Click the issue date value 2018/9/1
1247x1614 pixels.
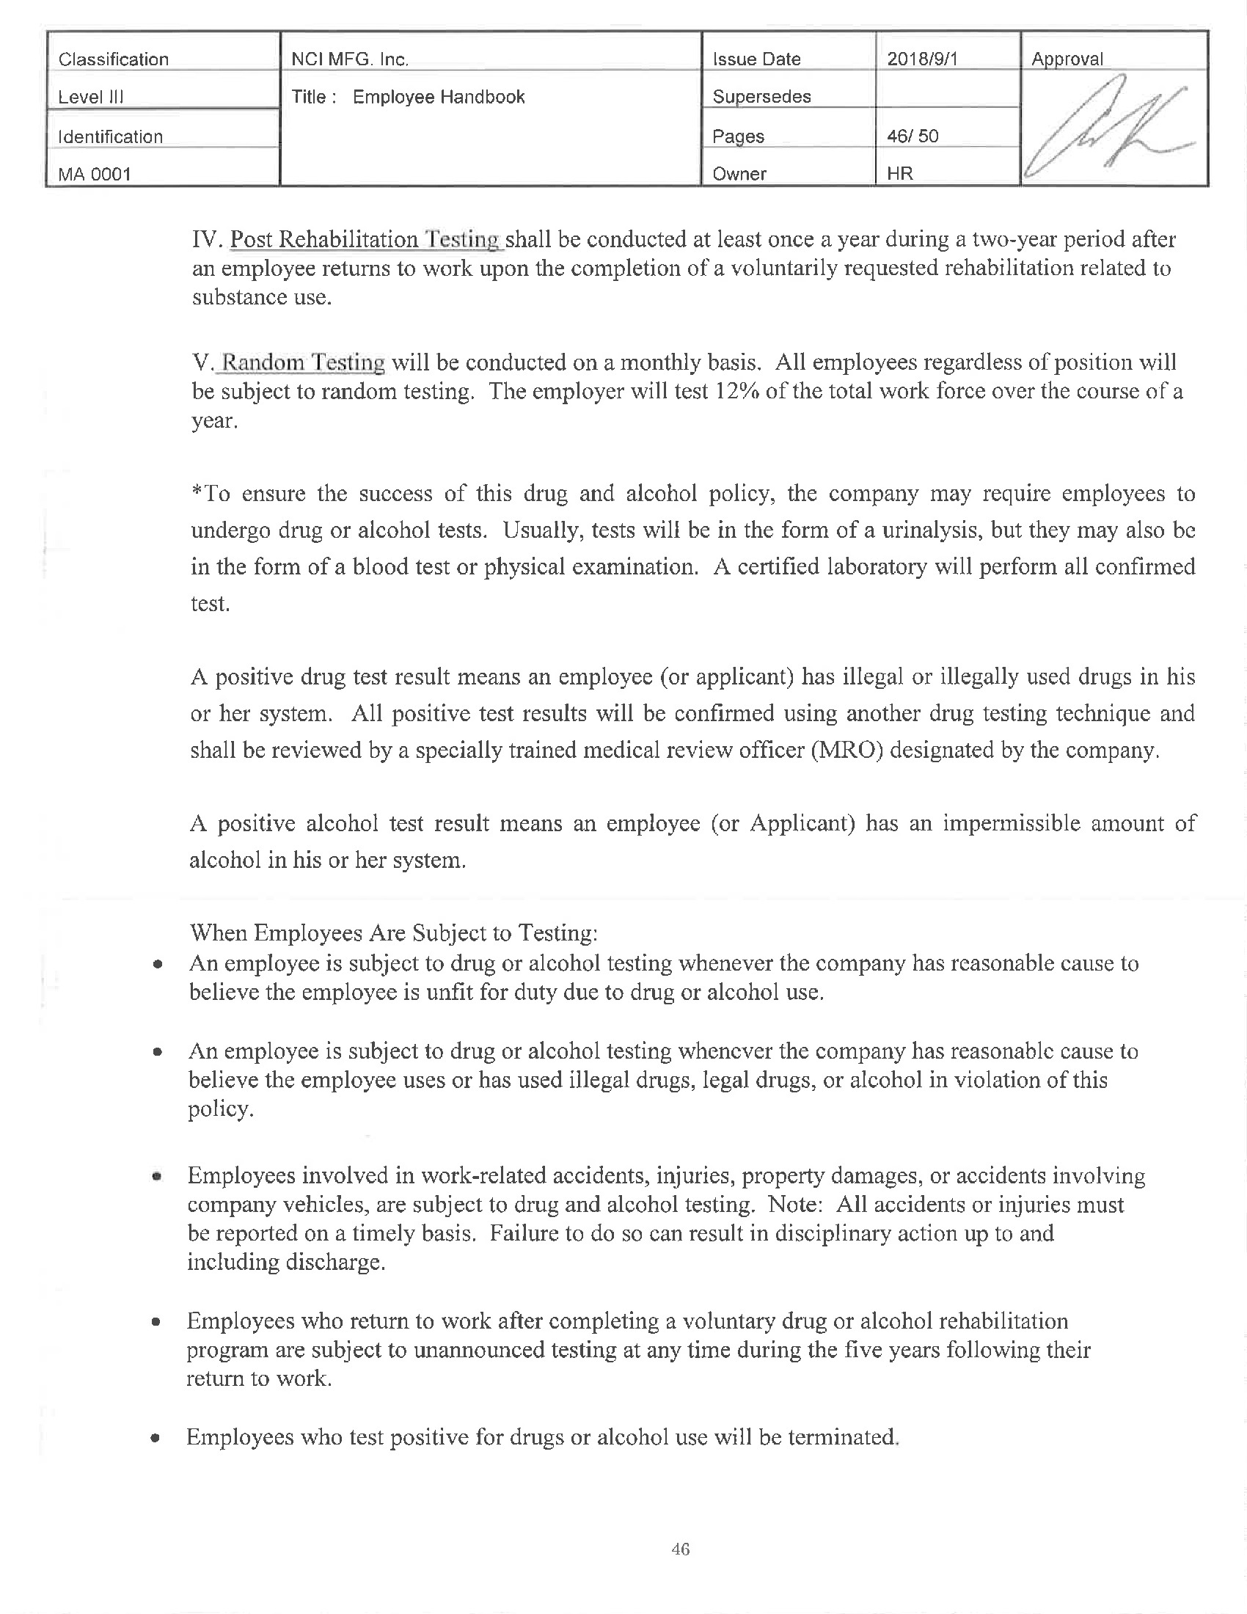pyautogui.click(x=921, y=59)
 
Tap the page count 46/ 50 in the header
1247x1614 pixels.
pyautogui.click(x=913, y=136)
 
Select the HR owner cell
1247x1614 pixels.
pyautogui.click(x=900, y=174)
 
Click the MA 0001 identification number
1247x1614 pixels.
pyautogui.click(x=95, y=175)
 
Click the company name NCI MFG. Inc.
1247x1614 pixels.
pyautogui.click(x=349, y=59)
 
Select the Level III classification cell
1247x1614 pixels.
pyautogui.click(x=91, y=97)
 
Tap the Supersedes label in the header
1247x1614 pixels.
pyautogui.click(x=761, y=97)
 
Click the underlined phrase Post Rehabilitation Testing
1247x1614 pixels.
pyautogui.click(x=366, y=239)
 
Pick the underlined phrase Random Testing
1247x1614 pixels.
pyautogui.click(x=303, y=362)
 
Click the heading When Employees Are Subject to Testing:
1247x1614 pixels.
pyautogui.click(x=394, y=932)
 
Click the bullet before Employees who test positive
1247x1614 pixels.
pyautogui.click(x=155, y=1438)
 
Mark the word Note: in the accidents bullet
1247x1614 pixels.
pyautogui.click(x=795, y=1205)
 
